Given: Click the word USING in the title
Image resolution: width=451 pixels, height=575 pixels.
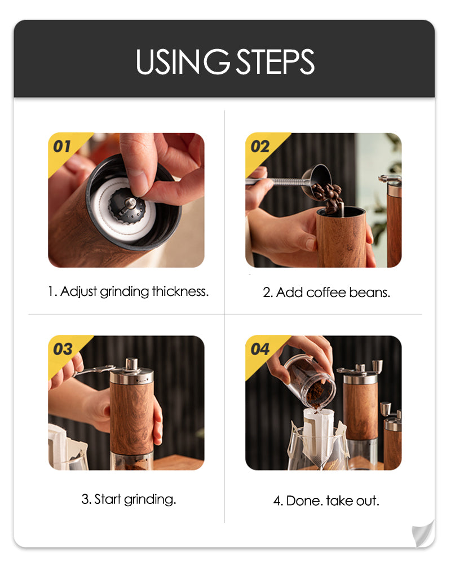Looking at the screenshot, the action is [183, 61].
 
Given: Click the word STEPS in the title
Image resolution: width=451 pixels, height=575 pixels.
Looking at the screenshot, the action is [275, 61].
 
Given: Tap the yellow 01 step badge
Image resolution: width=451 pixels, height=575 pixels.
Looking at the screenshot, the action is [66, 151].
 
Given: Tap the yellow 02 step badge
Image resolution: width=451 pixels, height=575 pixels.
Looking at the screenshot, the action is [263, 151].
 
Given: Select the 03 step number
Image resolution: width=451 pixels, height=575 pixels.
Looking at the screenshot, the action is [63, 349].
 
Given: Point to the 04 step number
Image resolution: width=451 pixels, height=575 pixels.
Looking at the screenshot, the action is [260, 349].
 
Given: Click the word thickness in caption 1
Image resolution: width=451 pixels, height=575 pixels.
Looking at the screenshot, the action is [180, 291].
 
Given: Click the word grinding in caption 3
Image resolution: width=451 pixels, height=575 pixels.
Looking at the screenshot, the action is [150, 500].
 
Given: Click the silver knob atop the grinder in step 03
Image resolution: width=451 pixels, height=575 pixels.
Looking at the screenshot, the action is [131, 365].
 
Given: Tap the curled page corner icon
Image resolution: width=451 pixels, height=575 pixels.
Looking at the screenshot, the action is [423, 534].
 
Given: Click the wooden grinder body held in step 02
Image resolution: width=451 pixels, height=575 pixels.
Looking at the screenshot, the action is [341, 237].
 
